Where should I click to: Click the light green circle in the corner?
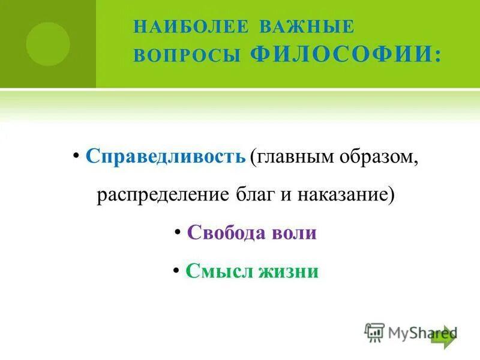(48, 44)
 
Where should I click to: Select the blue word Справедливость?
(166, 157)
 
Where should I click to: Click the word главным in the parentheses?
(290, 157)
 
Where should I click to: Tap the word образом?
(372, 157)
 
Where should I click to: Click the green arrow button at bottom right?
(444, 334)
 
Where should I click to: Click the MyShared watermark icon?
(375, 332)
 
